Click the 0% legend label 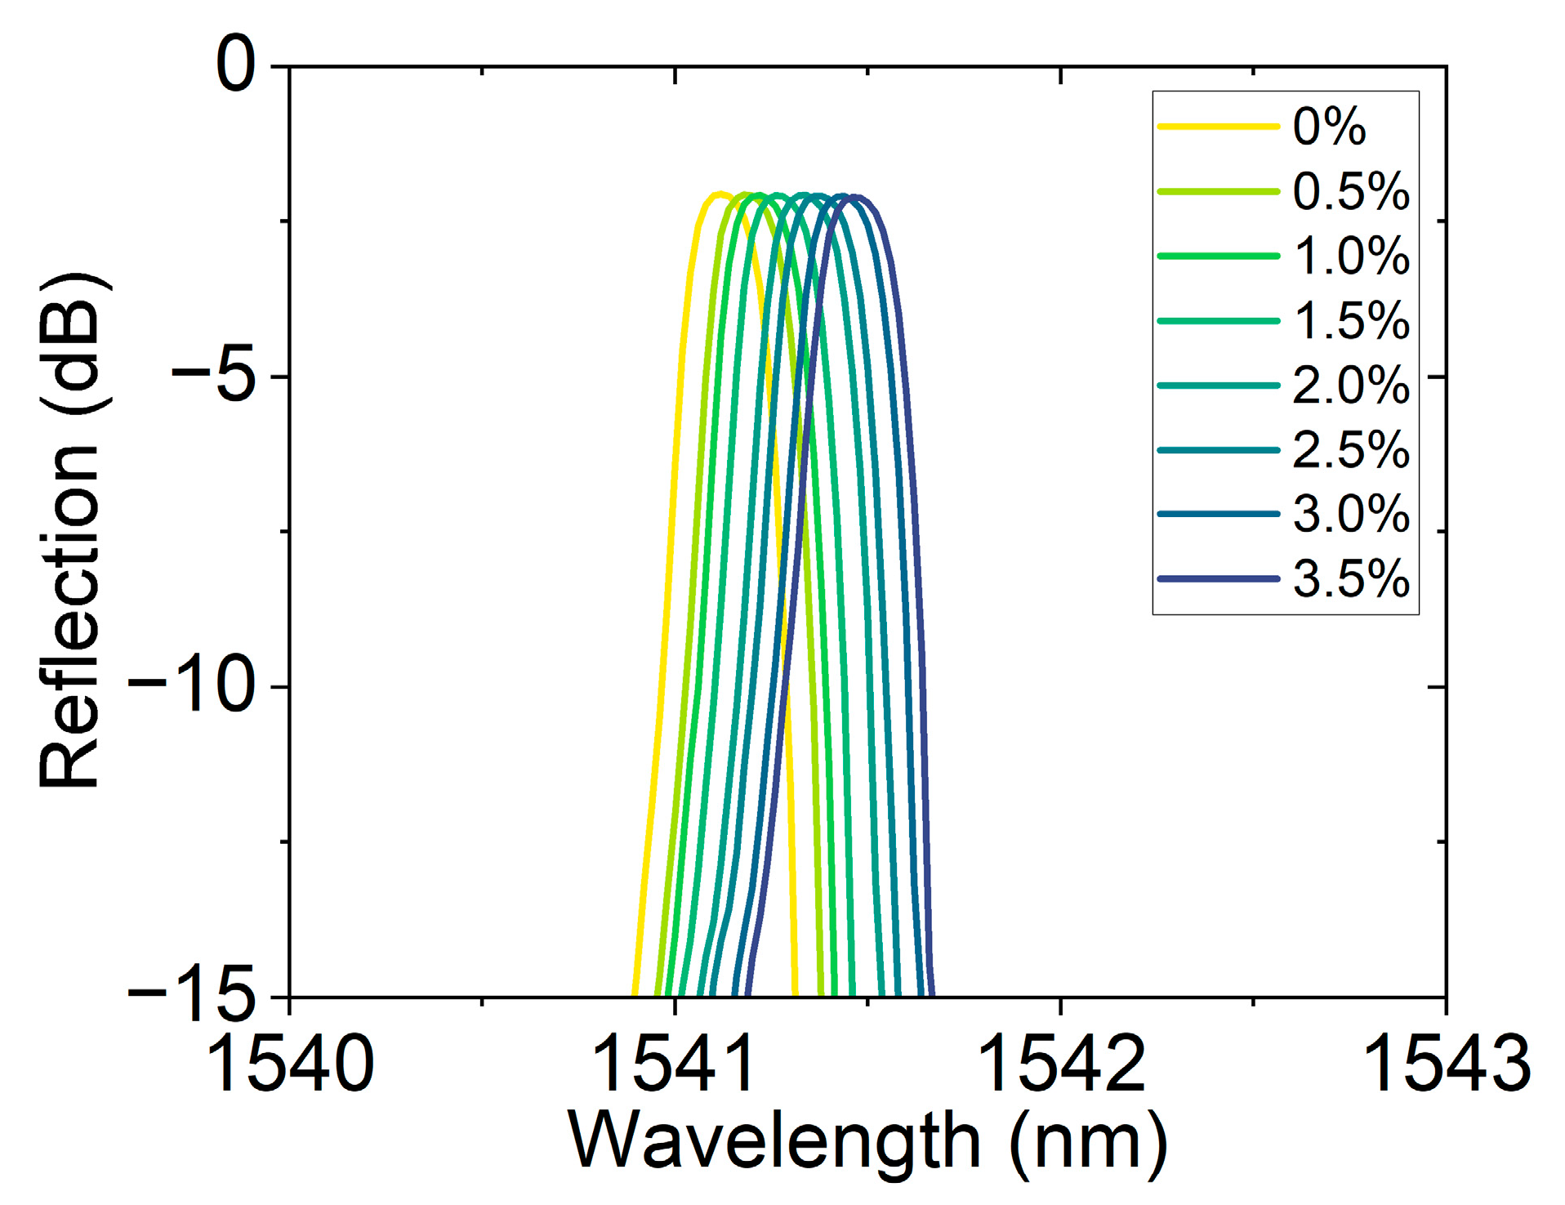click(1328, 127)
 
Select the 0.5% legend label click(1350, 191)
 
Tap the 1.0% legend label click(1350, 256)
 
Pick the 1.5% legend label click(1350, 320)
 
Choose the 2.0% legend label click(1350, 385)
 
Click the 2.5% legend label click(1350, 449)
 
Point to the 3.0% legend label click(1350, 514)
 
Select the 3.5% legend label click(1350, 578)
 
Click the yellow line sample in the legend click(1217, 127)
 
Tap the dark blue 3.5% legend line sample click(1217, 578)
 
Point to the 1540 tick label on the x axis click(290, 1064)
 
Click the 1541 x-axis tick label click(674, 1064)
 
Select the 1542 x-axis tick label click(1060, 1064)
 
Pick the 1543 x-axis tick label click(1446, 1064)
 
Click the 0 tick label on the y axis click(236, 65)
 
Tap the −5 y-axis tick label click(214, 376)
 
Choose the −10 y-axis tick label click(192, 686)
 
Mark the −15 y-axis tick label click(192, 995)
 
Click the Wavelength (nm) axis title click(867, 1142)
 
